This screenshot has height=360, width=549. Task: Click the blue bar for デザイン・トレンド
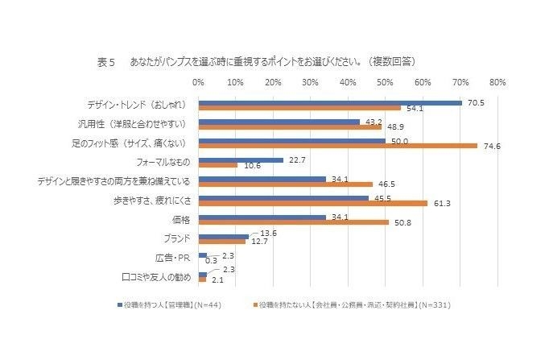(x=330, y=102)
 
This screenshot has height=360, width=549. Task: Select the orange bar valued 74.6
(x=338, y=147)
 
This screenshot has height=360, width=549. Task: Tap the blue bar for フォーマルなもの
(x=241, y=159)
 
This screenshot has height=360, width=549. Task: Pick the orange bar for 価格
(x=294, y=222)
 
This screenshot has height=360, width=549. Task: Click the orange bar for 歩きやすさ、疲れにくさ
(x=313, y=203)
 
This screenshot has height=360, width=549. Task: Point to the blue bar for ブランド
(x=224, y=236)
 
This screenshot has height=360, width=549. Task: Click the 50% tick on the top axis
(x=385, y=82)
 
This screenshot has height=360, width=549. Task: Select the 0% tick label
(x=198, y=82)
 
